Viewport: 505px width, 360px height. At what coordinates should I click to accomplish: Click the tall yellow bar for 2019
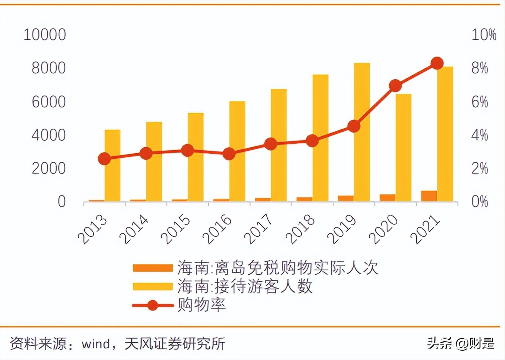pos(362,131)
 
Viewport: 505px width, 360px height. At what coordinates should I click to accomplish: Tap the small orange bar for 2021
pos(429,196)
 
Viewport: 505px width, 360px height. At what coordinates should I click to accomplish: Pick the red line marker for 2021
pos(437,63)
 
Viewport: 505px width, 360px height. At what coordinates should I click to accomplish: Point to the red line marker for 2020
pos(395,86)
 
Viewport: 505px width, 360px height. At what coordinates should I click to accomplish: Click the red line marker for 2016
pos(229,154)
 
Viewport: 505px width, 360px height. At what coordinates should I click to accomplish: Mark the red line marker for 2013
pos(104,159)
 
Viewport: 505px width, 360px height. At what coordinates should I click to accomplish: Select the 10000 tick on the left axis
pos(45,35)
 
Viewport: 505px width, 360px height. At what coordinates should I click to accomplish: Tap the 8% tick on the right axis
pos(480,68)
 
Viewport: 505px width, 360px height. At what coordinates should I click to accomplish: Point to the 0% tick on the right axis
pos(480,202)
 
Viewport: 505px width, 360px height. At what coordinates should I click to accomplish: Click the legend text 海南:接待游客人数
pos(245,287)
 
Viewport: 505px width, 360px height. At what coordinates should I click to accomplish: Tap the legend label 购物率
pos(202,305)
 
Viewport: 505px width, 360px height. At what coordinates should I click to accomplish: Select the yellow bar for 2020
pos(403,147)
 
